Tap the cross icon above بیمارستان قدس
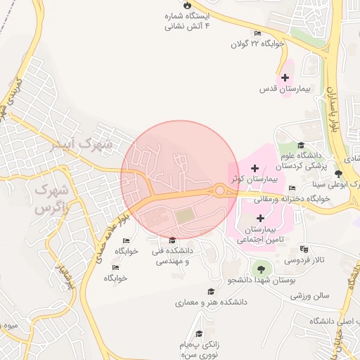pyautogui.click(x=285, y=77)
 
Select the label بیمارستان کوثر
pyautogui.click(x=254, y=180)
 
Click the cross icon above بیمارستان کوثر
pyautogui.click(x=254, y=168)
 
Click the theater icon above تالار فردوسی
pyautogui.click(x=304, y=249)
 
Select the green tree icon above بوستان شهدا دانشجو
pyautogui.click(x=261, y=268)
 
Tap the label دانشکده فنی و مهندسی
pyautogui.click(x=172, y=256)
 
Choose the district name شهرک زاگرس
pyautogui.click(x=51, y=199)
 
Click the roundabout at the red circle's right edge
pyautogui.click(x=221, y=190)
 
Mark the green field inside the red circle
pyautogui.click(x=184, y=217)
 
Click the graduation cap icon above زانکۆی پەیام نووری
pyautogui.click(x=199, y=334)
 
